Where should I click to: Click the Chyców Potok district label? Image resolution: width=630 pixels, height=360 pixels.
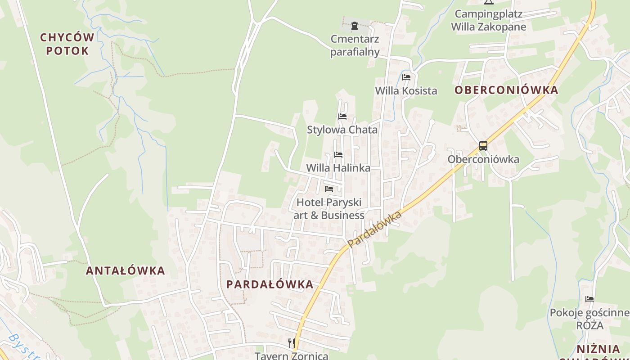67,44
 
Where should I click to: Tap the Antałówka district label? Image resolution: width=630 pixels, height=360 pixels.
126,270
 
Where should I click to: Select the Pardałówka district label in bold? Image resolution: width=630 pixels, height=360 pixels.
270,284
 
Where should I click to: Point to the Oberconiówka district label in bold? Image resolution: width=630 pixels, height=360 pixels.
506,90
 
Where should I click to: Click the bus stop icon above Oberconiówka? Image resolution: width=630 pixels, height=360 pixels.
483,146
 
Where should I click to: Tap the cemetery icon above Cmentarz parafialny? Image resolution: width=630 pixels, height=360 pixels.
355,26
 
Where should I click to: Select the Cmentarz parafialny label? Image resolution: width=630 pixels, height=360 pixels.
355,45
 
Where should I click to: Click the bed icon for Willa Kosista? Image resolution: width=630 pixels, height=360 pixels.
406,77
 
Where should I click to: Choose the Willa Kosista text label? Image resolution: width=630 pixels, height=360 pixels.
406,90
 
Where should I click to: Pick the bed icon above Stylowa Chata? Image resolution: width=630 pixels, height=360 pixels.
342,117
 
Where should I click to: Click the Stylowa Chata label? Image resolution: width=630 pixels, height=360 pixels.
342,130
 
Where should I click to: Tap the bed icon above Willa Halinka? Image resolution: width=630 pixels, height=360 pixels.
338,155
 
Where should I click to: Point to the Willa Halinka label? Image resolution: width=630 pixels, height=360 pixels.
338,168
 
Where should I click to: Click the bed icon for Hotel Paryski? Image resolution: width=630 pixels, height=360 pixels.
329,189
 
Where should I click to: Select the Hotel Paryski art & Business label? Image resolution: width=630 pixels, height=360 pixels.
329,209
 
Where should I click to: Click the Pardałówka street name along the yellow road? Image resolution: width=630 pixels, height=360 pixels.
374,229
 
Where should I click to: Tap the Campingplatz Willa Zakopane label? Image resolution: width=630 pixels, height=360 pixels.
488,20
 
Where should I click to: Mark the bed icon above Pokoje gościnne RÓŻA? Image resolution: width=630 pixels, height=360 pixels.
589,299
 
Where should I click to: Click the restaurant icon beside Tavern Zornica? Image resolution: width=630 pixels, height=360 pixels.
291,343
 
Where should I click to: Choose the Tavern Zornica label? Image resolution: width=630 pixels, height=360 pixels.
292,355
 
